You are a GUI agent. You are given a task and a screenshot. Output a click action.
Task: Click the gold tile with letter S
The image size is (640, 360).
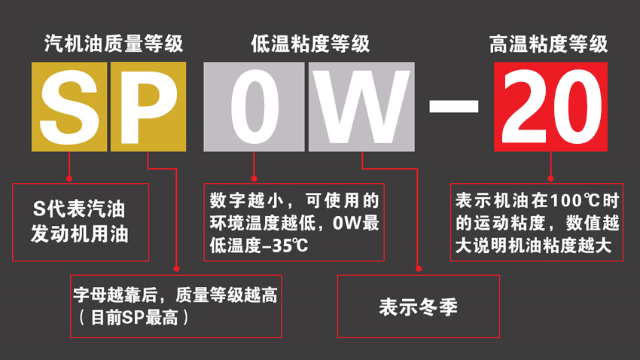pyautogui.click(x=69, y=107)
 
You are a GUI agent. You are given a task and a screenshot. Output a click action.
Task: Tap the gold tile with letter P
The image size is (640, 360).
pyautogui.click(x=148, y=107)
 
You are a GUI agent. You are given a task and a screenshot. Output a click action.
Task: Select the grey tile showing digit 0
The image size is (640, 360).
pyautogui.click(x=254, y=107)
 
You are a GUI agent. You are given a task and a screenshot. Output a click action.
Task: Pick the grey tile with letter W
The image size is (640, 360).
pyautogui.click(x=361, y=107)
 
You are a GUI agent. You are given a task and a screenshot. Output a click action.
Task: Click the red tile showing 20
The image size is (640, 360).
pyautogui.click(x=550, y=107)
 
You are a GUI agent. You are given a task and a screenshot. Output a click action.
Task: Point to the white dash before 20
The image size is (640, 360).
pyautogui.click(x=454, y=106)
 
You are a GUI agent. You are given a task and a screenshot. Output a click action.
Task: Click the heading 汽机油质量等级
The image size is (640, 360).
pyautogui.click(x=114, y=44)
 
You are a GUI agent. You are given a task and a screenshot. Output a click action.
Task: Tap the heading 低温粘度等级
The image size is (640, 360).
pyautogui.click(x=311, y=44)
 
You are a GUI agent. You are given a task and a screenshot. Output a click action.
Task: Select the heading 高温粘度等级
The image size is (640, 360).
pyautogui.click(x=549, y=44)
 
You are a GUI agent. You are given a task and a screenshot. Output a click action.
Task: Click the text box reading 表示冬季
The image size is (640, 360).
pyautogui.click(x=419, y=307)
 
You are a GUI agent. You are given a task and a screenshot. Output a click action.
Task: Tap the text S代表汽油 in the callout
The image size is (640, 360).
pyautogui.click(x=79, y=209)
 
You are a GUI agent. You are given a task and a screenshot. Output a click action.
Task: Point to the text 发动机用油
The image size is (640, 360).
pyautogui.click(x=80, y=234)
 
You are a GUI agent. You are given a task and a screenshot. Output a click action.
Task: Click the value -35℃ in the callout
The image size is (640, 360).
pyautogui.click(x=285, y=246)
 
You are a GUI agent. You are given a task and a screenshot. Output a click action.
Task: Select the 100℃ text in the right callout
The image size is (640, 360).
pyautogui.click(x=574, y=200)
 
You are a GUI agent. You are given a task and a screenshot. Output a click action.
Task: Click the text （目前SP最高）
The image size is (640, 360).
pyautogui.click(x=134, y=318)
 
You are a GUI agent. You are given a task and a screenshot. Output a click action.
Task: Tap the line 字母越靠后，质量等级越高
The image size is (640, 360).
pyautogui.click(x=175, y=294)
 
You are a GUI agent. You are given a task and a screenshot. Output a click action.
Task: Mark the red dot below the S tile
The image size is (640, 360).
pyautogui.click(x=69, y=178)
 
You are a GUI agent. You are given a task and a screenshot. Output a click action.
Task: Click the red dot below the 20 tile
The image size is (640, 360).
pyautogui.click(x=550, y=178)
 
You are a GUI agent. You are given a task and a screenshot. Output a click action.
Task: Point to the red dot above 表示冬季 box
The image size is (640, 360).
pyautogui.click(x=419, y=269)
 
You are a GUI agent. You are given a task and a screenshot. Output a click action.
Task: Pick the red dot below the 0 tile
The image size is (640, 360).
pyautogui.click(x=254, y=178)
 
